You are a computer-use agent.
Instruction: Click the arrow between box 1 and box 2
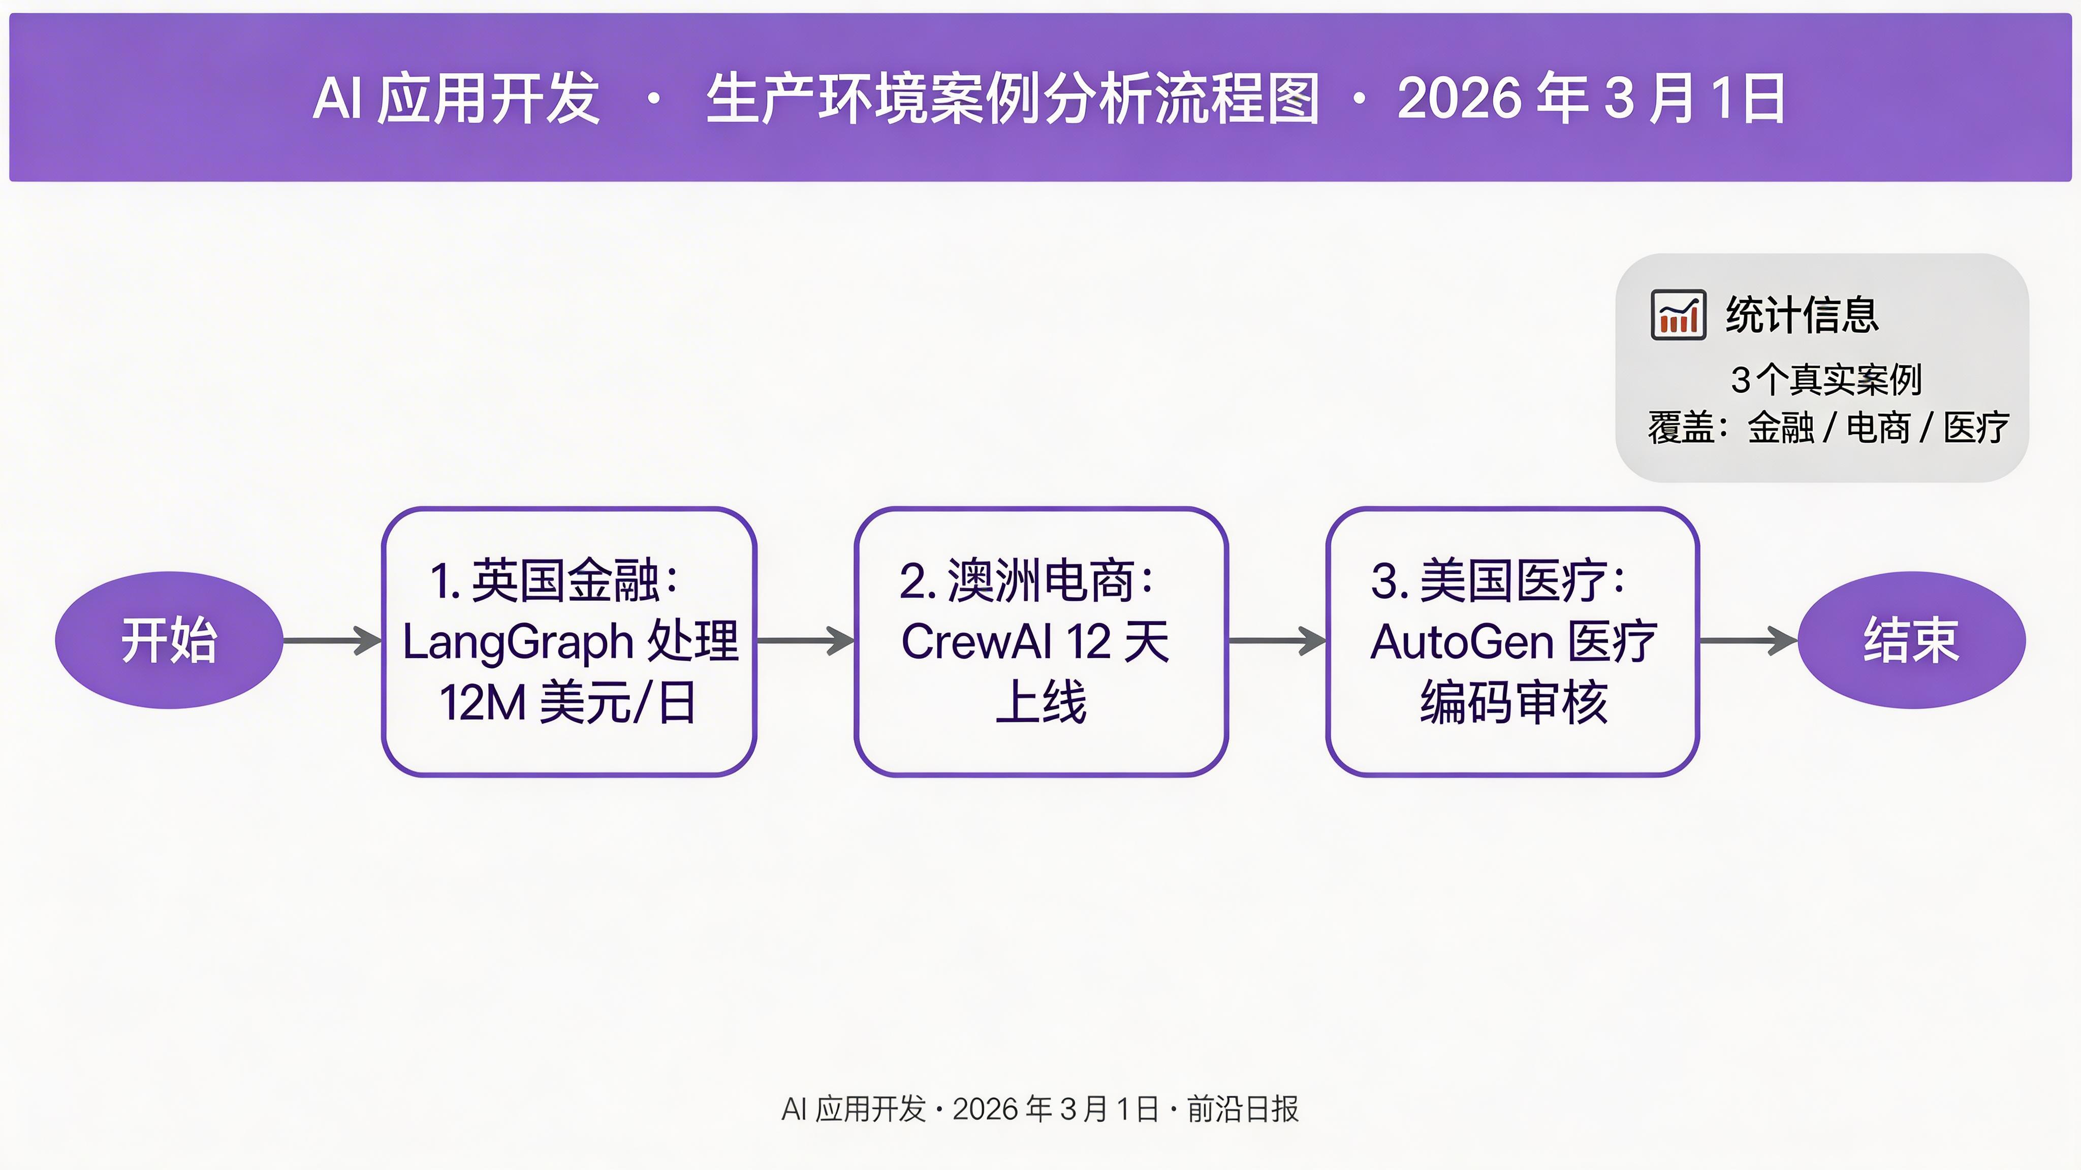click(x=805, y=640)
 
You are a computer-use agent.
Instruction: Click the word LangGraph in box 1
click(x=518, y=642)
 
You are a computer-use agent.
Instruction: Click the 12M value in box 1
click(x=482, y=702)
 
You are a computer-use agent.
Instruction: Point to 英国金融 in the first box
click(x=565, y=580)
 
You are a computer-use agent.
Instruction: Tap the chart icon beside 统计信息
click(x=1679, y=315)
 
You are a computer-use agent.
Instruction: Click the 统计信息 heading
click(x=1802, y=315)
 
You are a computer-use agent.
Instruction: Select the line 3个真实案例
click(x=1826, y=379)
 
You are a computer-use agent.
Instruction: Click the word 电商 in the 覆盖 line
click(x=1879, y=427)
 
